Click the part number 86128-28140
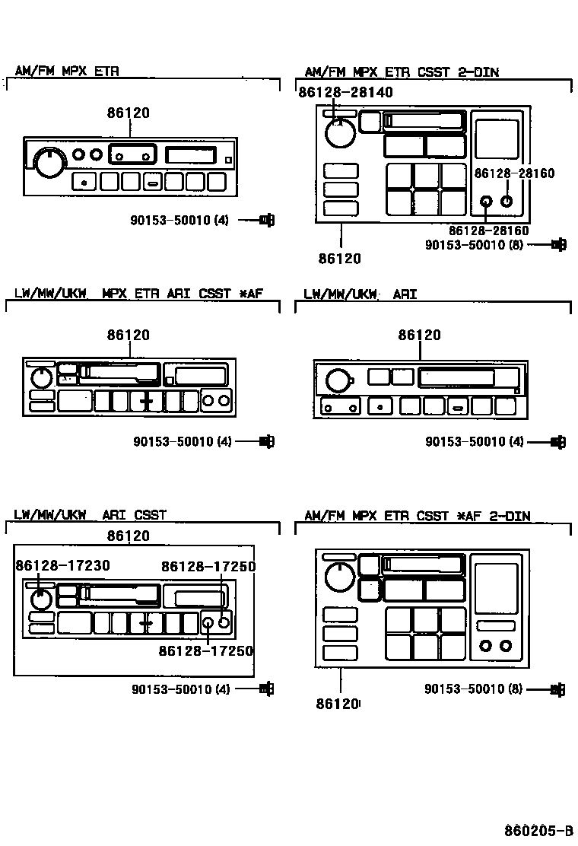click(345, 92)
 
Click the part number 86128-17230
click(62, 565)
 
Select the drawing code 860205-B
click(538, 829)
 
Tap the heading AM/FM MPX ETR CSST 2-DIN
click(402, 72)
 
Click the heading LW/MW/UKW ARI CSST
click(90, 514)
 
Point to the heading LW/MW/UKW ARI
click(360, 294)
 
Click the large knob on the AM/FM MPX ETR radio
click(49, 161)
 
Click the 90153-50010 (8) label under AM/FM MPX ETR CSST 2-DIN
click(474, 245)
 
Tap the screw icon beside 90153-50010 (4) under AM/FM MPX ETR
click(266, 221)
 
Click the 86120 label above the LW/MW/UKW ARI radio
click(419, 335)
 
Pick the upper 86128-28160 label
click(514, 173)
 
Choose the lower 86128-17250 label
click(205, 651)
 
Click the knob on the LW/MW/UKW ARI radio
click(340, 379)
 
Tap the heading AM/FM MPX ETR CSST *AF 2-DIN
click(417, 515)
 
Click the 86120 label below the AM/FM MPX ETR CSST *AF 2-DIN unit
click(338, 704)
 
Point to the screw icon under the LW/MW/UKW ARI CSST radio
click(266, 689)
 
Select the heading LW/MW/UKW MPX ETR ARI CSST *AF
click(138, 294)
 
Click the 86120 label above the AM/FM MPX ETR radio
click(128, 113)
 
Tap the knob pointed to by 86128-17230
click(41, 599)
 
